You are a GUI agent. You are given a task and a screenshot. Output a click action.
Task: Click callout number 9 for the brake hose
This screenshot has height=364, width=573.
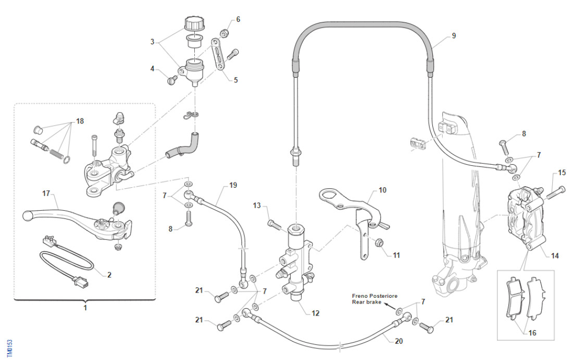click(453, 35)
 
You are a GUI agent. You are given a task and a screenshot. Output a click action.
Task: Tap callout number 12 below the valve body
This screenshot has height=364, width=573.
click(316, 313)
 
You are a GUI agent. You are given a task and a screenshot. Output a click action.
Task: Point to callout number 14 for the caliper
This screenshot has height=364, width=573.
click(555, 256)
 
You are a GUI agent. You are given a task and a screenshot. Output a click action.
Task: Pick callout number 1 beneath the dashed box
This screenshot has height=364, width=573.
click(85, 308)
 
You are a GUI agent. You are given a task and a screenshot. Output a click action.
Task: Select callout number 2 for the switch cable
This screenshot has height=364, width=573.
click(109, 275)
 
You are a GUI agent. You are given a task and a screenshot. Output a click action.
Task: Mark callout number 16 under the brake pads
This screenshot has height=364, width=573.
click(532, 333)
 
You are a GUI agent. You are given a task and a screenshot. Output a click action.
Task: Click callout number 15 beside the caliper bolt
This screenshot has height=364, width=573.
click(562, 173)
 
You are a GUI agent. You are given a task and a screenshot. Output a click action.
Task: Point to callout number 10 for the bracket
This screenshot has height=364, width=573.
click(383, 190)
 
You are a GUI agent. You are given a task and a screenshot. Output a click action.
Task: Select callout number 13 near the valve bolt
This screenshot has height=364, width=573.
click(256, 205)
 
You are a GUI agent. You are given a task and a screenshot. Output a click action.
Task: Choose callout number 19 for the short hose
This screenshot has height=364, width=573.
click(233, 185)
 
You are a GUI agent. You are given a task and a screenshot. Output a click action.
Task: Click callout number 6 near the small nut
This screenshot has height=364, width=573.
click(238, 19)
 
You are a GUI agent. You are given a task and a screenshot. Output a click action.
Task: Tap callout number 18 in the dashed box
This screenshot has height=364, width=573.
click(80, 121)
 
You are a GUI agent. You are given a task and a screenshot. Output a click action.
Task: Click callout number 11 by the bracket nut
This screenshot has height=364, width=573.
click(396, 256)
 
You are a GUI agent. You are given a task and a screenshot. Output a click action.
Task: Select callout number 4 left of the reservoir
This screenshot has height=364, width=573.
click(153, 68)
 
